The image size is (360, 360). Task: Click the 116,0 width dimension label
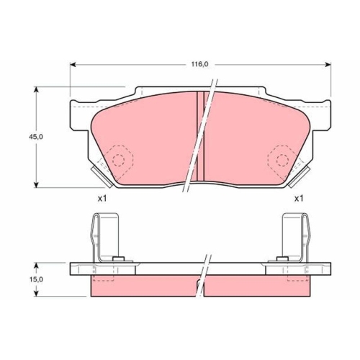coord(199,64)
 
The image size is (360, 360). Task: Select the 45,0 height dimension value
coord(36,137)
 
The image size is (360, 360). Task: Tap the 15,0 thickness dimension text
coord(36,279)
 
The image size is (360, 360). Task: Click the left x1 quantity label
coord(102,199)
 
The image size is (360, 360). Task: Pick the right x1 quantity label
coord(299,199)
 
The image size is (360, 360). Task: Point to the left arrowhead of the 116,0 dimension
coord(73,64)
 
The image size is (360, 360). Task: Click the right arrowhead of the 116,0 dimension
coord(328,64)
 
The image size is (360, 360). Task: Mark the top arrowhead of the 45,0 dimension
coord(36,89)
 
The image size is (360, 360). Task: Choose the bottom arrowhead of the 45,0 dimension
coord(36,184)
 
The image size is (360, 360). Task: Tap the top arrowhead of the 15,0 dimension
coord(36,266)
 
